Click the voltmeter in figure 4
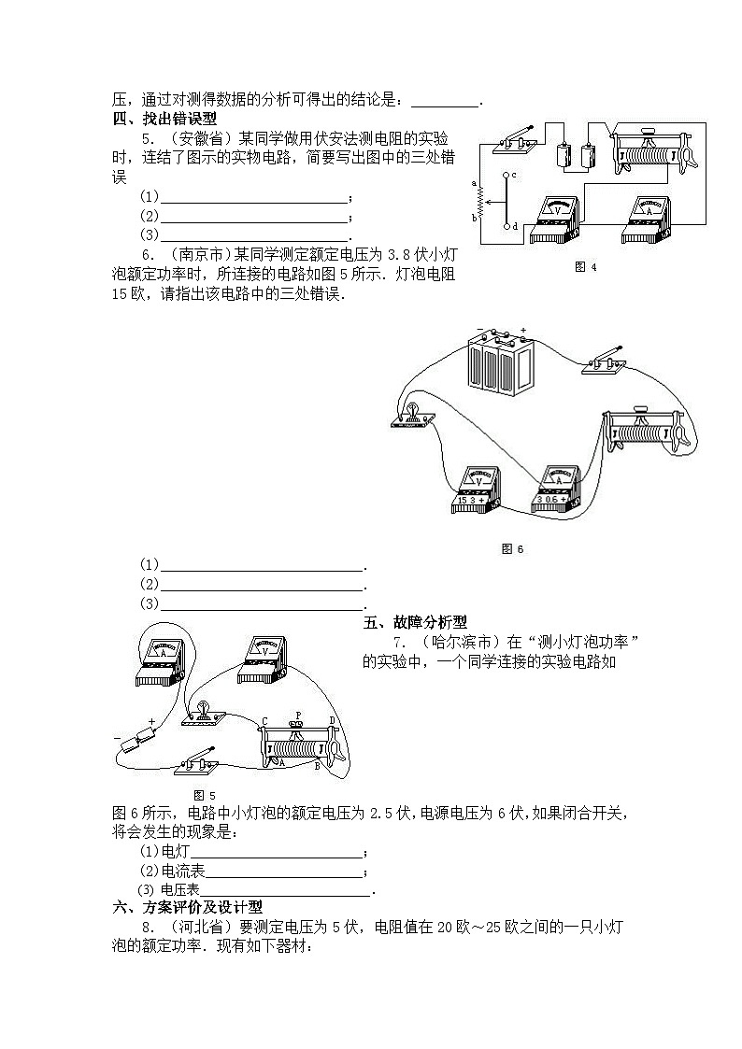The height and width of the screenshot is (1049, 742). point(557,220)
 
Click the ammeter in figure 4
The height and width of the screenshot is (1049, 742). point(649,220)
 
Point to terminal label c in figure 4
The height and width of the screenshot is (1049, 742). point(514,175)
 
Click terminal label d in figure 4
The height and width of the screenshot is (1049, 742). point(514,226)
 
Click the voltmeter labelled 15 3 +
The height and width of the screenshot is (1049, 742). point(479,488)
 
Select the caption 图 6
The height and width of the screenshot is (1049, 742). point(513,548)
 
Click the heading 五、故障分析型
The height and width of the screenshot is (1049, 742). point(415,622)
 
